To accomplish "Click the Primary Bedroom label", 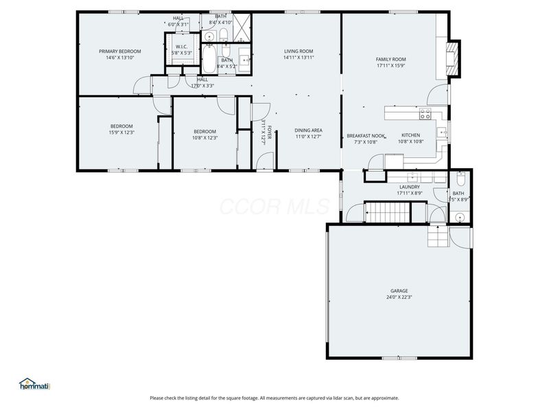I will (119, 51).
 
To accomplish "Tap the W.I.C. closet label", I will (182, 47).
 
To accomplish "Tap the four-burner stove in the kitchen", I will (425, 114).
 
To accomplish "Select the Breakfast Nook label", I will (365, 136).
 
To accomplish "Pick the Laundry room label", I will (409, 187).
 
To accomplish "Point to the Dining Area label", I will (308, 130).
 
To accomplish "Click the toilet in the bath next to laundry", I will (461, 180).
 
